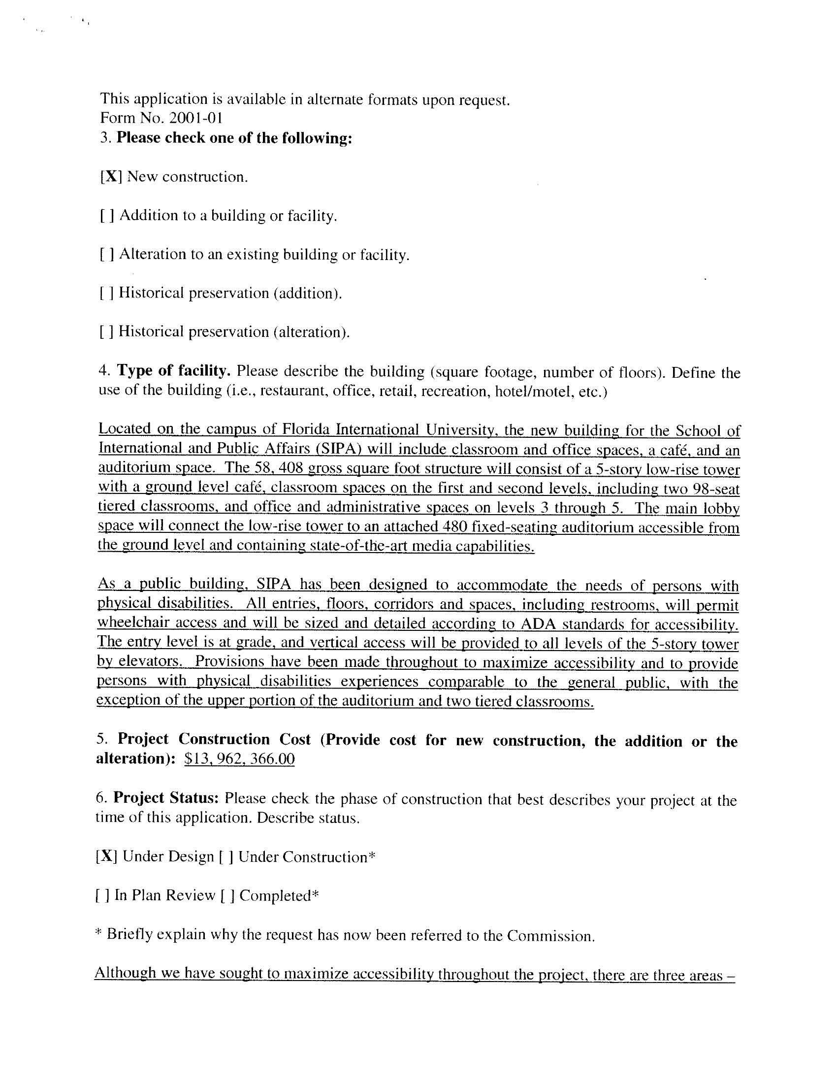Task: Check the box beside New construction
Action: tap(112, 177)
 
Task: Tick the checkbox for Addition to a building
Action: tap(107, 216)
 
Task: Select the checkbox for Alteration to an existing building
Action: tap(107, 255)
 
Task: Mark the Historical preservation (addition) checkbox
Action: tap(107, 293)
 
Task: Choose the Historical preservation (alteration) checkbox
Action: tap(107, 332)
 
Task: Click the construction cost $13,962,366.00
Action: tap(239, 759)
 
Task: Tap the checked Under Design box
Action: tap(106, 856)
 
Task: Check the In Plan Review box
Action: tap(102, 895)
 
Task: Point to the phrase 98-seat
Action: tap(716, 489)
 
